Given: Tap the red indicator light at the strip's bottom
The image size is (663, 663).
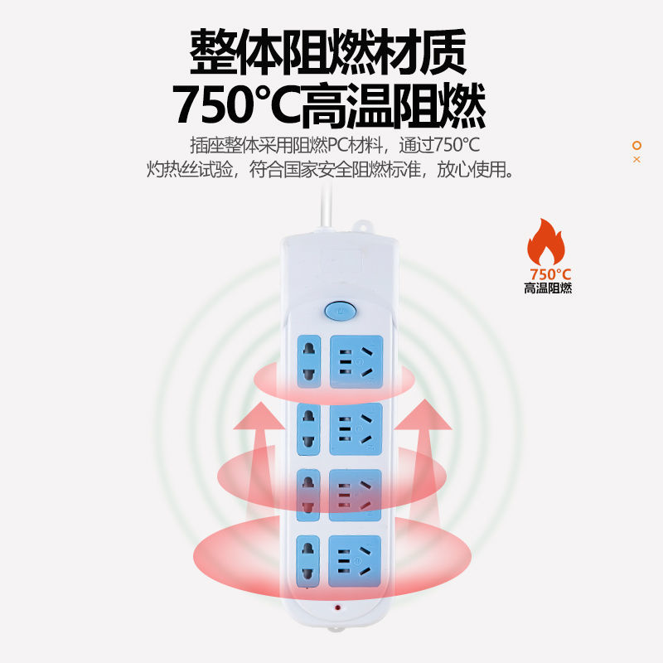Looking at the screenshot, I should pos(338,607).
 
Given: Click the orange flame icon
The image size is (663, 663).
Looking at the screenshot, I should pos(548,241).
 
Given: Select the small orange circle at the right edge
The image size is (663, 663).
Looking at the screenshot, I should pos(636,145).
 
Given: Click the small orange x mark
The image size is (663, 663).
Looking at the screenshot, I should pos(636,159).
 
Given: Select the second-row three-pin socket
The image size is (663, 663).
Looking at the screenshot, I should pos(356,428).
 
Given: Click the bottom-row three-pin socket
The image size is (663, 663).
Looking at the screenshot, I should pos(356,561).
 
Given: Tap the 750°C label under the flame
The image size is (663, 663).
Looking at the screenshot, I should pos(550,273).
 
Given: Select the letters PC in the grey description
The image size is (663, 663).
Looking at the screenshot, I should pos(339,146).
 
